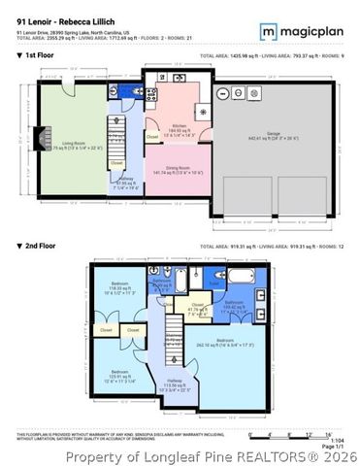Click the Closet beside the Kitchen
[152, 137]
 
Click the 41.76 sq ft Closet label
[196, 311]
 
